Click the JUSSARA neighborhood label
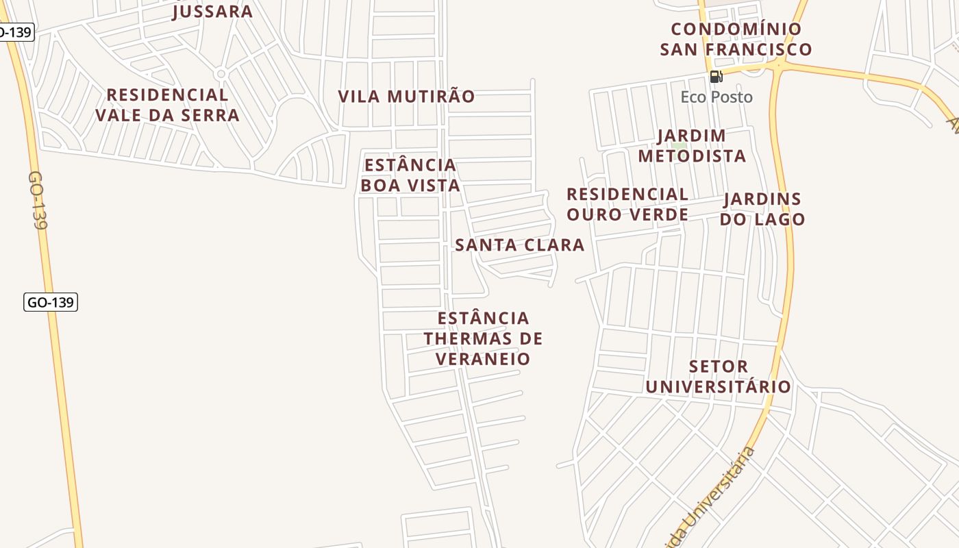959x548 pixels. point(212,11)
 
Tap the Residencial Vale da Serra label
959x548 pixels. point(167,105)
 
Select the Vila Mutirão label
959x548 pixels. point(406,97)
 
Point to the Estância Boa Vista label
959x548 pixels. point(410,175)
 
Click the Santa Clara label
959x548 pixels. point(520,245)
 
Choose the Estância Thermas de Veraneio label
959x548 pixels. point(483,338)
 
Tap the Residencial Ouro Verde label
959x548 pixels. point(627,204)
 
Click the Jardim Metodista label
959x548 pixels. point(692,146)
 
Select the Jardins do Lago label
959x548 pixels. point(762,209)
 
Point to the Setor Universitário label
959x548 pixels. point(718,376)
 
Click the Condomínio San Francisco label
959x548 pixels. point(736,39)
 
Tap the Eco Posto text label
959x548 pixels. point(717,97)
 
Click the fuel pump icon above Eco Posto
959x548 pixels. point(716,77)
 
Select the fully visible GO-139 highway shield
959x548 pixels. point(51,302)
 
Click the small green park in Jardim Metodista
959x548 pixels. point(679,145)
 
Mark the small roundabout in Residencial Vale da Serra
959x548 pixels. point(221,73)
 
